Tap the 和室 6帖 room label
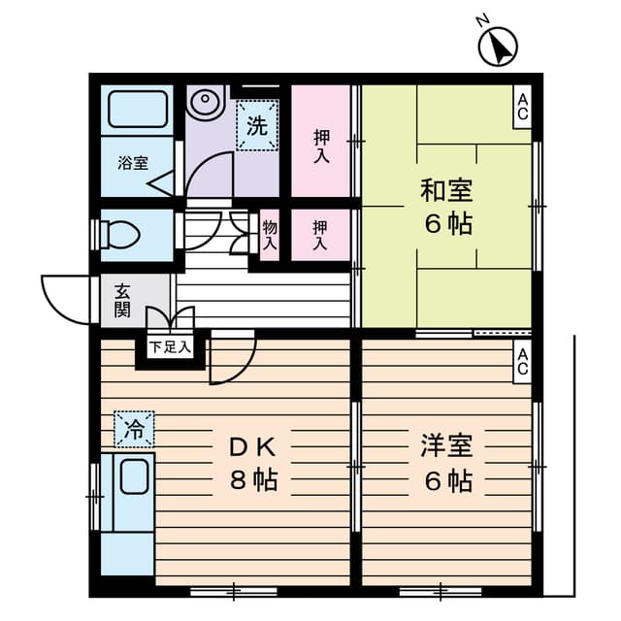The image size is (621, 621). [x=446, y=207]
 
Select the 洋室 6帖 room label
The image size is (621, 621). [x=446, y=463]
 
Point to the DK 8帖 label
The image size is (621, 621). [x=254, y=463]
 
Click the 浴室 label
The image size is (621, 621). [x=133, y=162]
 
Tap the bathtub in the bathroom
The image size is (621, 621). [x=138, y=109]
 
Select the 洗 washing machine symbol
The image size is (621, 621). [x=257, y=126]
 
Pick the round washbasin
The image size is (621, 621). [x=205, y=101]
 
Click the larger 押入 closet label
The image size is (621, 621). [x=321, y=140]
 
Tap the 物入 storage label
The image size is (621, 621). [x=270, y=236]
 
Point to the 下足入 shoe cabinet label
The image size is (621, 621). [x=170, y=344]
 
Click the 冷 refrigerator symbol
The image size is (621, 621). [x=134, y=428]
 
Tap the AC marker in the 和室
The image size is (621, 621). [x=522, y=105]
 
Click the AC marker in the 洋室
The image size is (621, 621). [x=522, y=361]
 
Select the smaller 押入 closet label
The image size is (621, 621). [x=321, y=236]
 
